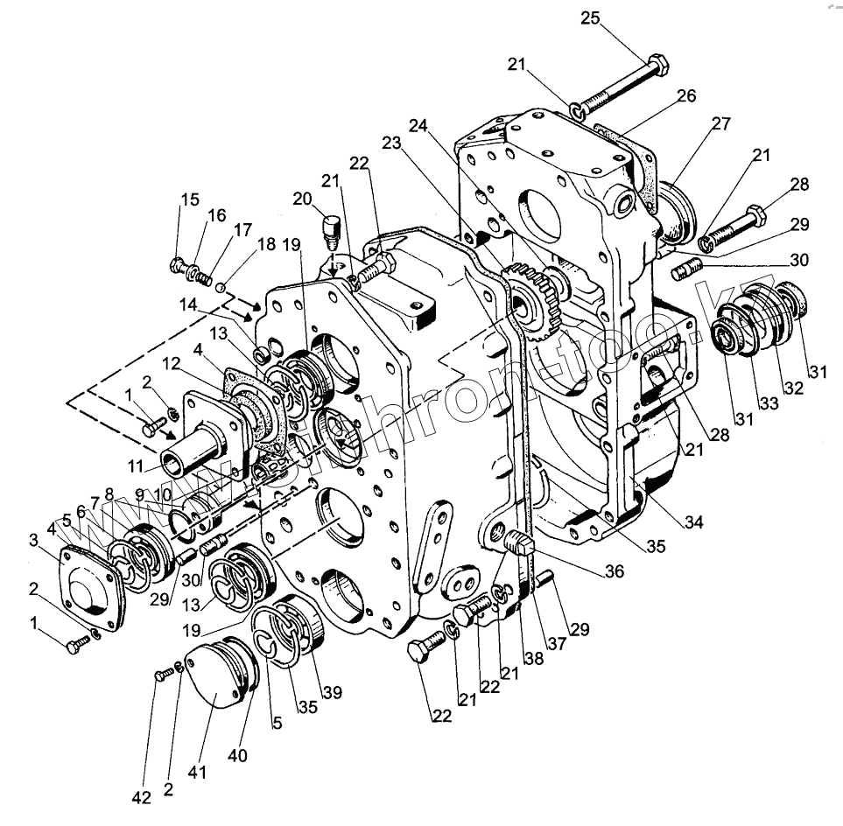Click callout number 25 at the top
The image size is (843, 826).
[x=592, y=17]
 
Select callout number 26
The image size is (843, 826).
[x=686, y=96]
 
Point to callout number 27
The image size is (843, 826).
[x=720, y=123]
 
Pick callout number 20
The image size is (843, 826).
[x=303, y=199]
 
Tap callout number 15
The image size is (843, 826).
[x=189, y=199]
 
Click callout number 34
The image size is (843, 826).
[x=694, y=523]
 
